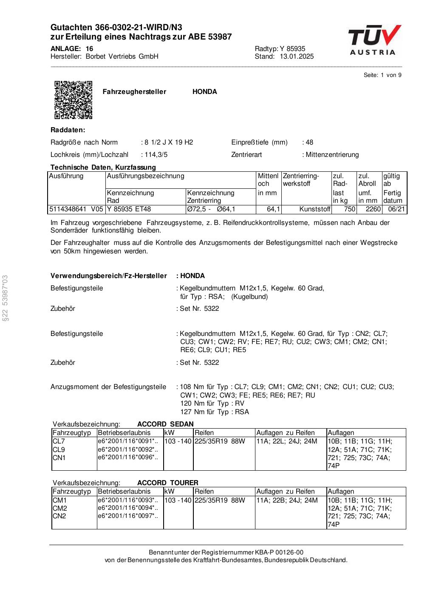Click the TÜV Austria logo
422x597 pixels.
(374, 40)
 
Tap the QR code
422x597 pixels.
(73, 99)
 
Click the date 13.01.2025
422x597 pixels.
(297, 57)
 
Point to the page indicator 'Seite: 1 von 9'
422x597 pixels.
(382, 75)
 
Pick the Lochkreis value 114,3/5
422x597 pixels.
(156, 155)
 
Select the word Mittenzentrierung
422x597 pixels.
(332, 155)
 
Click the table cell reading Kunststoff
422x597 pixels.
(314, 209)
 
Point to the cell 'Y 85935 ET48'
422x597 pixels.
(129, 209)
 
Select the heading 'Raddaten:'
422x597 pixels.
(68, 130)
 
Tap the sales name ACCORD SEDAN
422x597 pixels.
(165, 424)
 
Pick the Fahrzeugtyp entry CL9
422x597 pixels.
(59, 449)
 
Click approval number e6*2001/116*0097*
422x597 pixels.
(127, 516)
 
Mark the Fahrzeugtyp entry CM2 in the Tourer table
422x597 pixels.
(59, 508)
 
